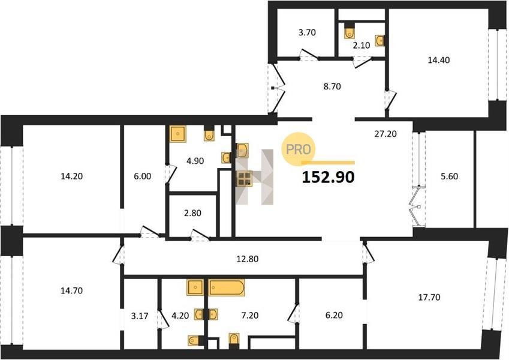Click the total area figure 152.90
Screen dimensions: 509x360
click(328, 178)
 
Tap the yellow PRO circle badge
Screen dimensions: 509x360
click(299, 149)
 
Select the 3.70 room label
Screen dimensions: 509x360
click(307, 32)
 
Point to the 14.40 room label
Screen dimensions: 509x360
click(439, 60)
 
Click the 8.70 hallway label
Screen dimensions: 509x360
click(332, 87)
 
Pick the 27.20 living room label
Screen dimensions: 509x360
click(385, 134)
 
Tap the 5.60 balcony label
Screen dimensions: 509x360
click(449, 176)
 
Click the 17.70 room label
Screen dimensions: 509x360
click(429, 297)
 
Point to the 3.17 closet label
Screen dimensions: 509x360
click(140, 316)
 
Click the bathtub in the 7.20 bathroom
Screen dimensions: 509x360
click(227, 287)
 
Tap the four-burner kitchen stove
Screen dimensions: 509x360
click(245, 179)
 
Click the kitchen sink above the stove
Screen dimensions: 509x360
click(242, 150)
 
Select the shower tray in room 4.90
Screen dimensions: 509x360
click(178, 134)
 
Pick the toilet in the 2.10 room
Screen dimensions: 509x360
click(349, 30)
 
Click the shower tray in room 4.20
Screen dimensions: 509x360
click(195, 287)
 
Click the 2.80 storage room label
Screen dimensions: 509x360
click(193, 214)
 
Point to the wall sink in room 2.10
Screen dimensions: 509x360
click(380, 40)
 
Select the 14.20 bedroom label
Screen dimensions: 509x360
click(72, 176)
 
